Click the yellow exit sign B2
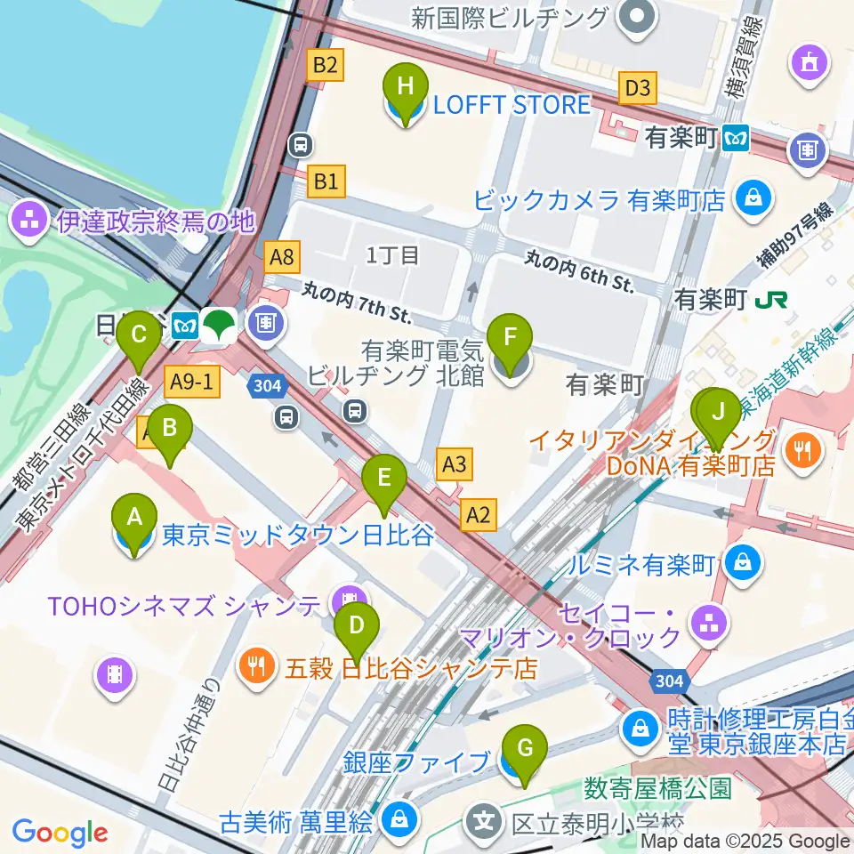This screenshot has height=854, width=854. point(325,64)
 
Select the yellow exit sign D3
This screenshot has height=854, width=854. point(638,88)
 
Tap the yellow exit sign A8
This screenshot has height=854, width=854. point(282,258)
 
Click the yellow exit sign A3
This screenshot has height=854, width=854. point(454,463)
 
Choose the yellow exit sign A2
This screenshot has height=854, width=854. point(479,513)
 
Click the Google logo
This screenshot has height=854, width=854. point(60,833)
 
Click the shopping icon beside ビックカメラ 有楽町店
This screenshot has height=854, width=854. point(753,198)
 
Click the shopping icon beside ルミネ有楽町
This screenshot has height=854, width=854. point(740,562)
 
